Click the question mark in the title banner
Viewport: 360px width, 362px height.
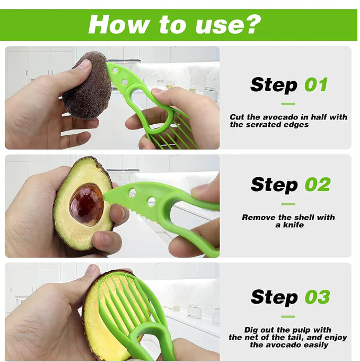coord(252,24)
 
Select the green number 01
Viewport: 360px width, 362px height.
coord(316,84)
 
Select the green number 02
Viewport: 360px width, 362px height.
coord(317,184)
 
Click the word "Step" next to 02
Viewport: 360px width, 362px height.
coord(274,184)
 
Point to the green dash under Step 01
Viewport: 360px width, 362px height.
coord(288,104)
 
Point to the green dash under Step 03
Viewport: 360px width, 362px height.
coord(288,316)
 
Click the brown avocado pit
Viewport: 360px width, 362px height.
coord(86,204)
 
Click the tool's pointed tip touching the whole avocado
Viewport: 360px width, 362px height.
coord(108,65)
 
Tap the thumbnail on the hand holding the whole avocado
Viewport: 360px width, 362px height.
coord(85,64)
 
